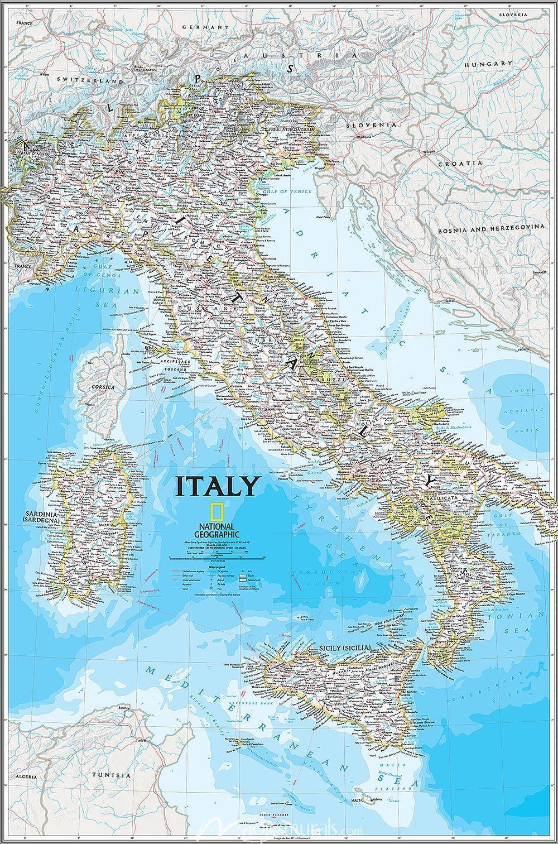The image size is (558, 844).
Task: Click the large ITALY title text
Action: tap(218, 486)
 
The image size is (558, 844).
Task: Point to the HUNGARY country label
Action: tap(488, 64)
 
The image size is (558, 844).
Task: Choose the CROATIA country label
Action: tap(459, 164)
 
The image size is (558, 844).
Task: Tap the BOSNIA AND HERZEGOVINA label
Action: tap(490, 228)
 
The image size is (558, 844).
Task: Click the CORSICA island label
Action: tap(104, 387)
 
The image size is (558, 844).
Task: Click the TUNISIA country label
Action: tap(112, 775)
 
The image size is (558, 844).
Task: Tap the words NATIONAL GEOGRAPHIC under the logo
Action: tap(218, 530)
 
